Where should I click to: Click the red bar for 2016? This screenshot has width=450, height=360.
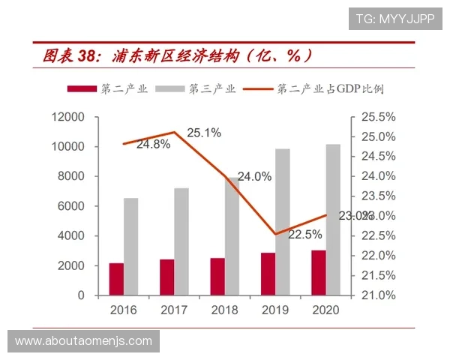116,279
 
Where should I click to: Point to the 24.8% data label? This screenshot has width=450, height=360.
153,143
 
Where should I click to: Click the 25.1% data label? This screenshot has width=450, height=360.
204,133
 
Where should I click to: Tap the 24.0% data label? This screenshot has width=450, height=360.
255,178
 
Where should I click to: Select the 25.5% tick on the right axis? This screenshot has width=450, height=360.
378,117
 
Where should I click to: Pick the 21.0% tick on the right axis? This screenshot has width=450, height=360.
378,295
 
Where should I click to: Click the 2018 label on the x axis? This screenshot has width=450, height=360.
224,310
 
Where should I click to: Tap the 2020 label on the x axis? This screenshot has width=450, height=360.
325,310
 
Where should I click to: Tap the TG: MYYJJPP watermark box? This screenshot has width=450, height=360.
394,18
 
